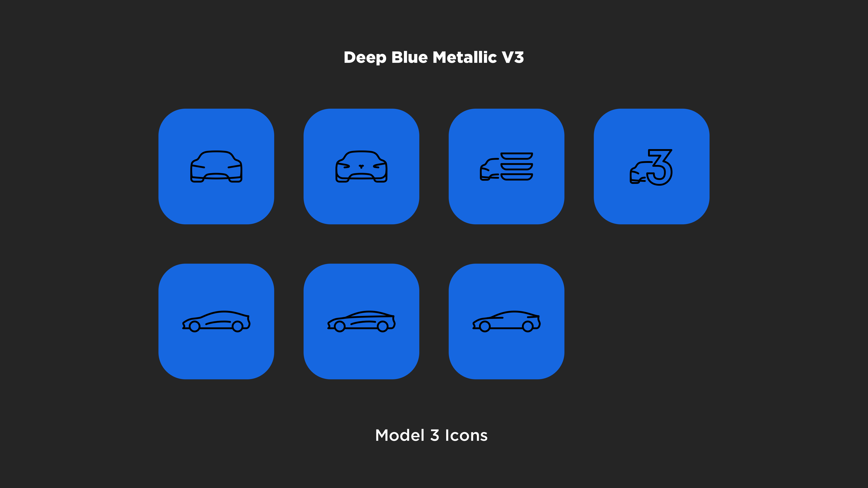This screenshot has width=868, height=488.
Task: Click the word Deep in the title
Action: click(365, 58)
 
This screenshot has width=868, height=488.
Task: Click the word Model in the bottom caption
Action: click(400, 435)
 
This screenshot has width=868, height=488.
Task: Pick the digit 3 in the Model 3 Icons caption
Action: click(435, 435)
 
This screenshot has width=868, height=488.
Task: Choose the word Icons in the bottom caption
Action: click(466, 435)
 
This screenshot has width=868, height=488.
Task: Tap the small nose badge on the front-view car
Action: click(361, 166)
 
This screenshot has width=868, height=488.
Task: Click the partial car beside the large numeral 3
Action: click(639, 172)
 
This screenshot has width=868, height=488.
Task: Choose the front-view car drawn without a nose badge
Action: click(216, 166)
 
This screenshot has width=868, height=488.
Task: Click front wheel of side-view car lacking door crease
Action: click(485, 326)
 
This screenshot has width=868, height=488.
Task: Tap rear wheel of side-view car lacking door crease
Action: click(528, 326)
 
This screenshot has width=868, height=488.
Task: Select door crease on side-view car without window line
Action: click(218, 323)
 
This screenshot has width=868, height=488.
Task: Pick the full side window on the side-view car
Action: click(370, 316)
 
